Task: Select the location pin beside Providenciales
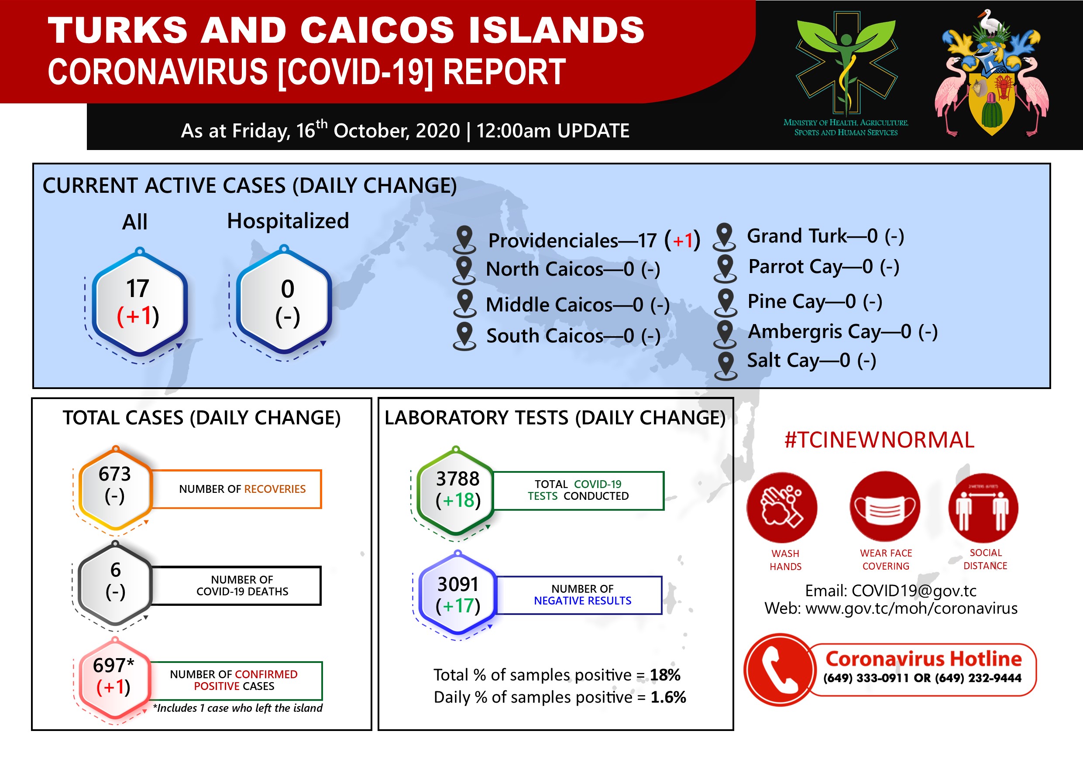pos(464,239)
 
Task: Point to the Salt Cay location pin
pos(725,366)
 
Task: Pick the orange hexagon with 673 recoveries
pos(116,489)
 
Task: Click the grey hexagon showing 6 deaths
pos(115,584)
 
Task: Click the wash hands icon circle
pos(782,508)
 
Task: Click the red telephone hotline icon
pos(780,670)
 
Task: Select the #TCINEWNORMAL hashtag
pos(879,440)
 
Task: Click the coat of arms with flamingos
pos(991,73)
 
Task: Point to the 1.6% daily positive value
pos(668,697)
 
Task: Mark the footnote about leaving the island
pos(237,708)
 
